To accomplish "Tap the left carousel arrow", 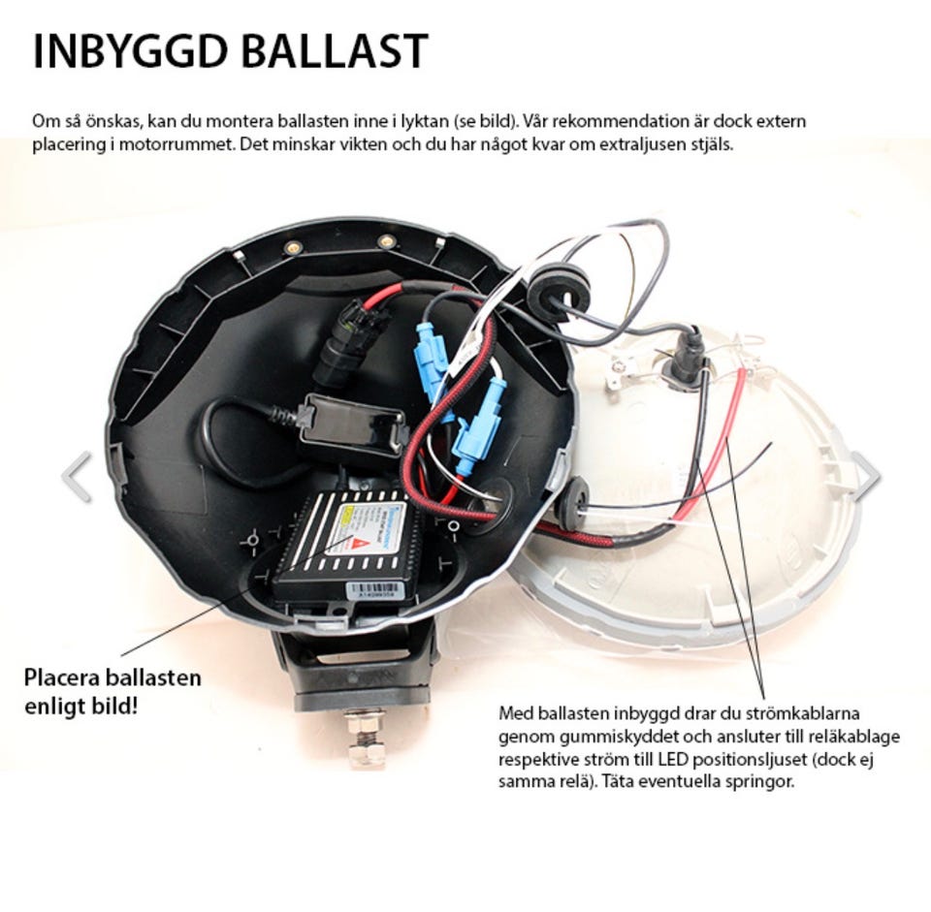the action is click(78, 477).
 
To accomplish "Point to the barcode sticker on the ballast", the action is click(376, 590).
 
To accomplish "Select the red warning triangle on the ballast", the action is click(358, 544).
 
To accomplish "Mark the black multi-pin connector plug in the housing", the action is click(343, 344).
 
